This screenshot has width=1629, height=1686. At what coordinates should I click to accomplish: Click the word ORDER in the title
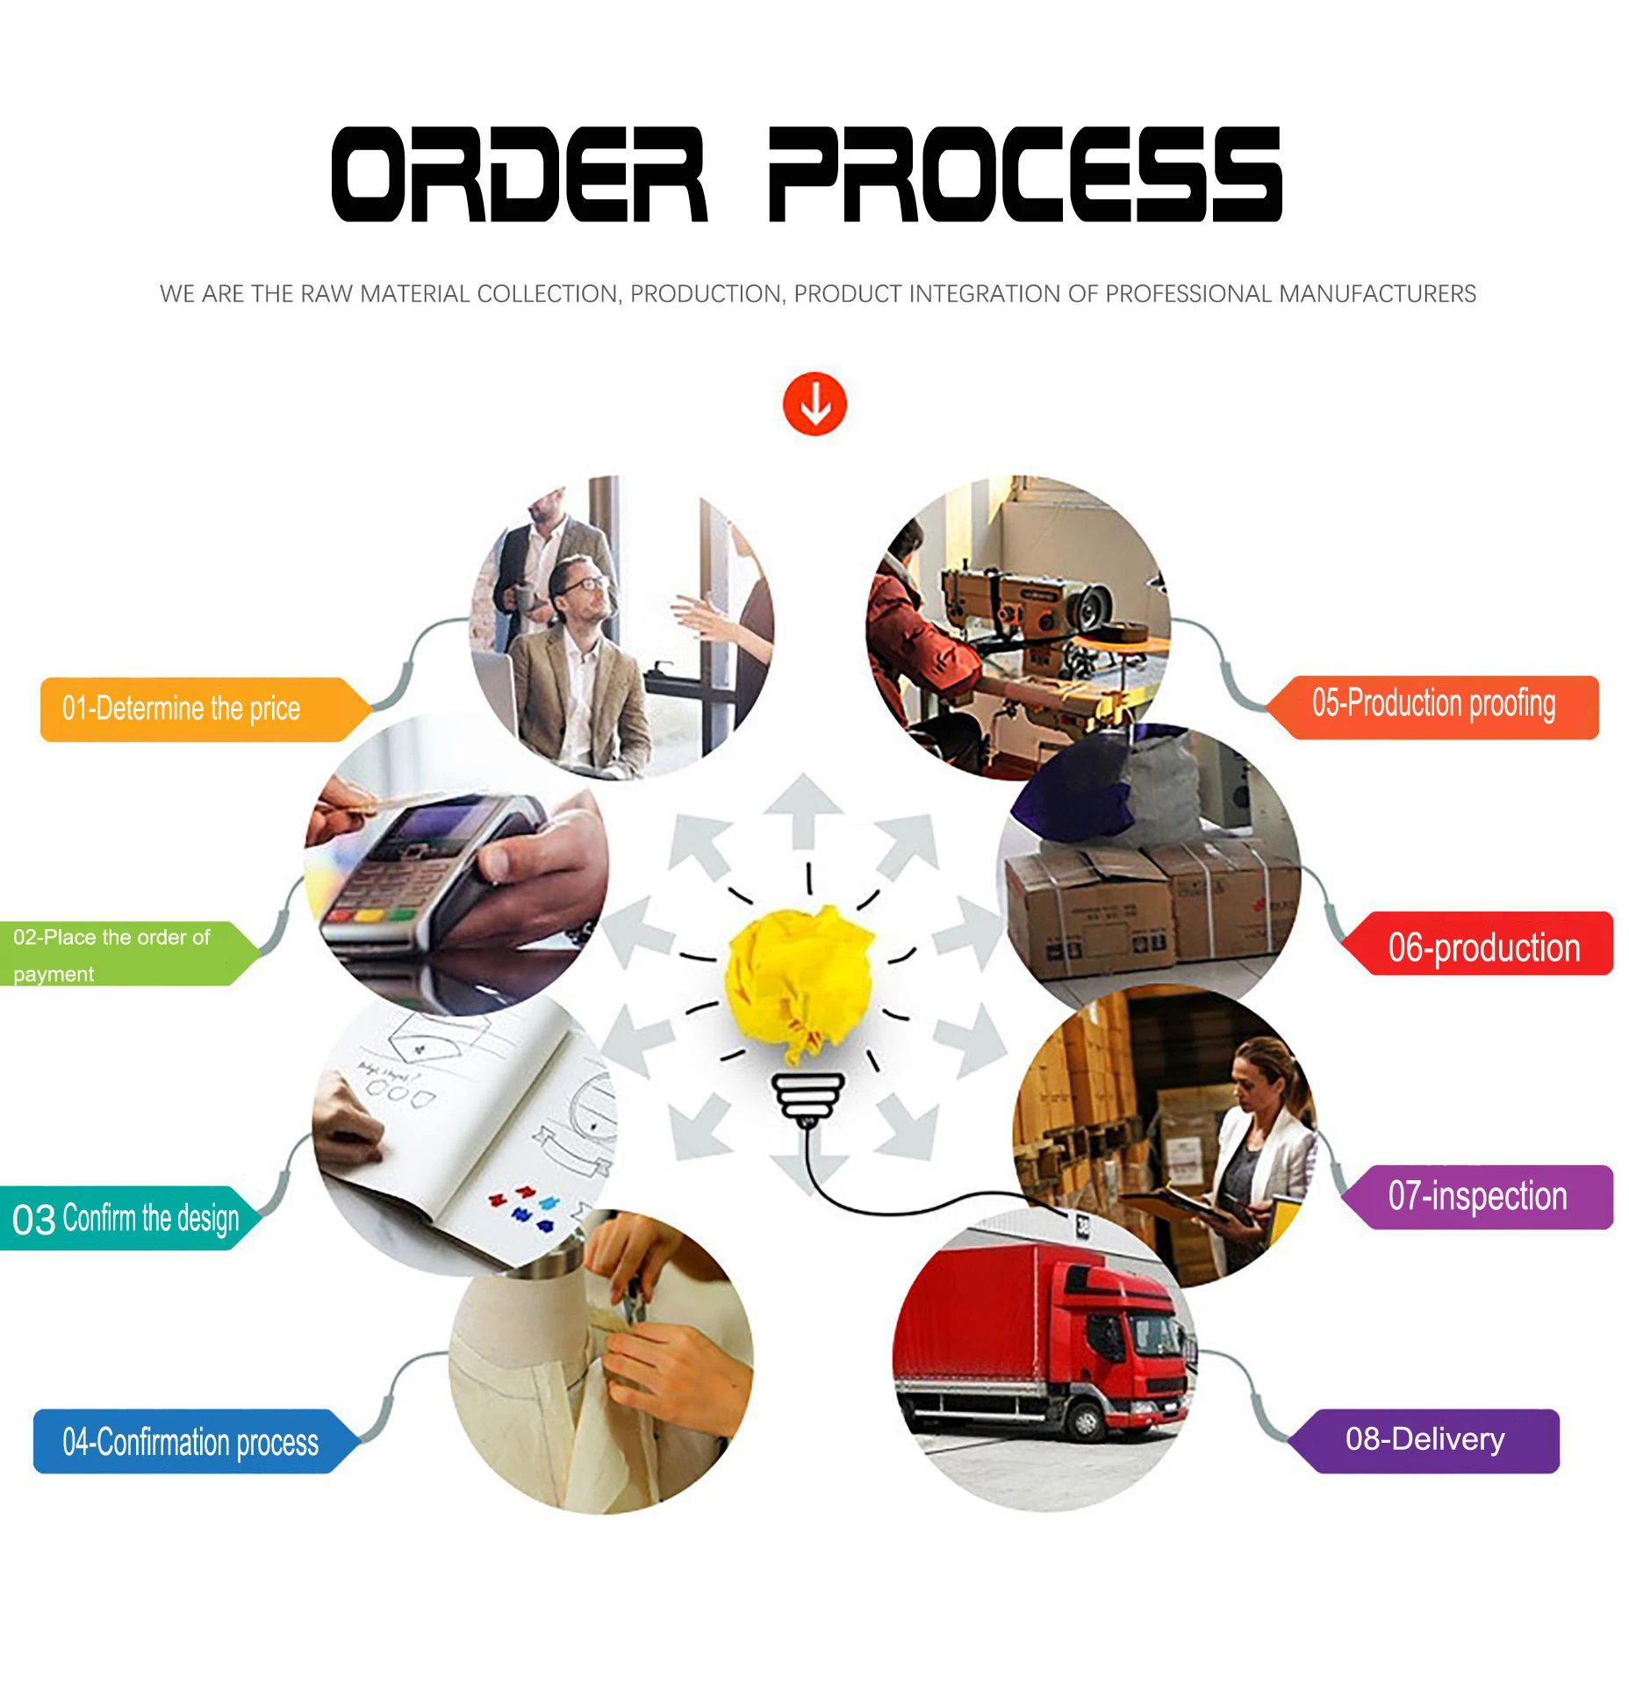pyautogui.click(x=519, y=174)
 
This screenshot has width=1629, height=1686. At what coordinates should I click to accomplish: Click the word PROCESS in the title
pyautogui.click(x=1024, y=174)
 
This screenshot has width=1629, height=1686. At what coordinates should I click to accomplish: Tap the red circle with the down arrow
pyautogui.click(x=814, y=404)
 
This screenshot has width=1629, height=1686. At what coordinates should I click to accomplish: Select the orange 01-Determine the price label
pyautogui.click(x=193, y=709)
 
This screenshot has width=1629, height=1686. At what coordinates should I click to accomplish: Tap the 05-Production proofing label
pyautogui.click(x=1435, y=706)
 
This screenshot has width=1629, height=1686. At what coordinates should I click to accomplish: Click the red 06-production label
pyautogui.click(x=1483, y=947)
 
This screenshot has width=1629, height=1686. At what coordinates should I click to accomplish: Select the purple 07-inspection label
pyautogui.click(x=1479, y=1196)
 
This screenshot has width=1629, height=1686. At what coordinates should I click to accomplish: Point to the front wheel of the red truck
pyautogui.click(x=1085, y=1419)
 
